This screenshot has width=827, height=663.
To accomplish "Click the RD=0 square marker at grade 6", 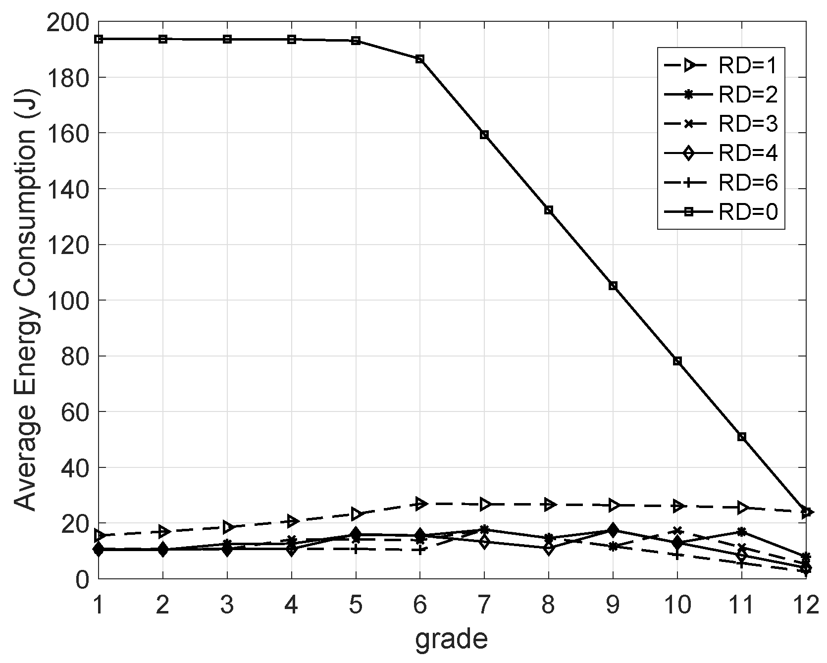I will pyautogui.click(x=419, y=59).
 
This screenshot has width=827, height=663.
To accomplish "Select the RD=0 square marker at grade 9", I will pyautogui.click(x=613, y=286).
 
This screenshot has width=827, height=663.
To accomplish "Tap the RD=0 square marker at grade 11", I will pyautogui.click(x=741, y=437).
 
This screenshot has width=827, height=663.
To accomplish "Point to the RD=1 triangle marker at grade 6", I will pyautogui.click(x=420, y=504).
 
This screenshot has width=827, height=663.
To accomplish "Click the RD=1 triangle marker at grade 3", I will pyautogui.click(x=228, y=526).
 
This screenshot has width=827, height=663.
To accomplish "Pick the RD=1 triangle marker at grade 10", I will pyautogui.click(x=678, y=506).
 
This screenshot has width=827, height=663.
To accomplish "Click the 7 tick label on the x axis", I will pyautogui.click(x=484, y=605).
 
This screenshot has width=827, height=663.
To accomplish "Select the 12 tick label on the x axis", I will pyautogui.click(x=805, y=605).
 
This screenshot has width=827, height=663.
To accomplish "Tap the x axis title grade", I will pyautogui.click(x=451, y=639).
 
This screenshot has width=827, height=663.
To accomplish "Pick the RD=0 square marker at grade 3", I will pyautogui.click(x=227, y=39).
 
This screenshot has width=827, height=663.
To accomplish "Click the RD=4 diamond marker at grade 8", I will pyautogui.click(x=548, y=548).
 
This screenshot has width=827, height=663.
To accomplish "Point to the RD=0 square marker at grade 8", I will pyautogui.click(x=548, y=210).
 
